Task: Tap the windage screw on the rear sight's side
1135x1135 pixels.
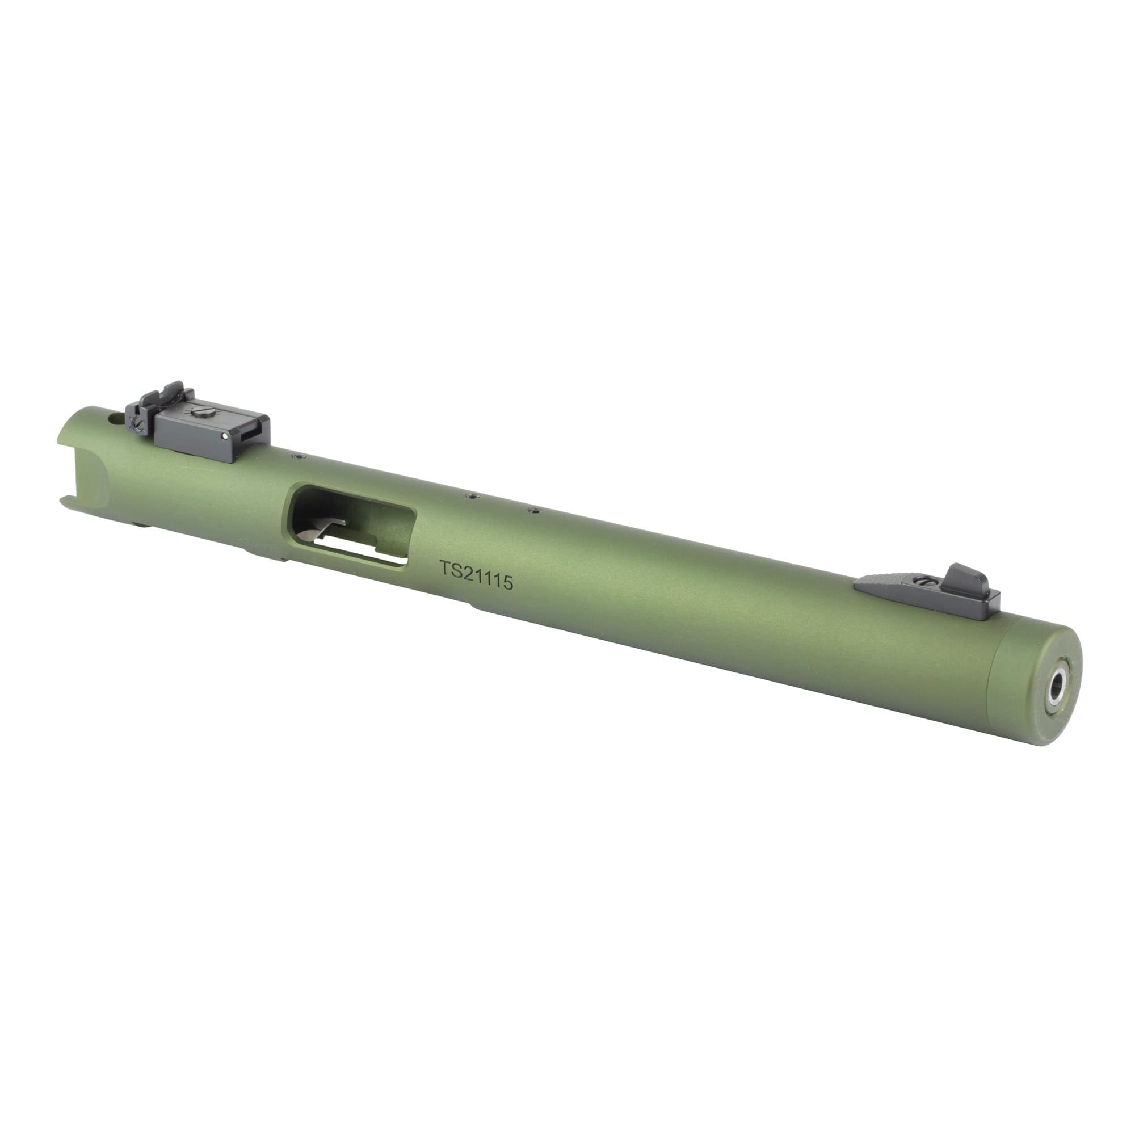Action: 138,422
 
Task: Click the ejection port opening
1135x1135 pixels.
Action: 351,524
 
